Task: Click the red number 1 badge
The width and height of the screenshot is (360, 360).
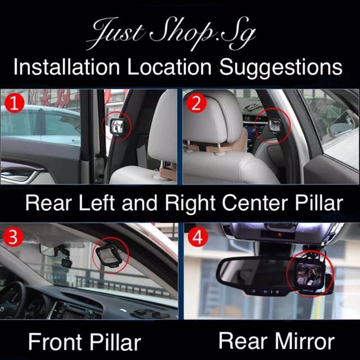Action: coord(14,103)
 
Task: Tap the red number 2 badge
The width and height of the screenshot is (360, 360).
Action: coord(196,103)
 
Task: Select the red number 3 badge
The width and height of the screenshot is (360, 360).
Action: coord(13,237)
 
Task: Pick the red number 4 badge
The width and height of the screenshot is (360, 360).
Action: coord(197,237)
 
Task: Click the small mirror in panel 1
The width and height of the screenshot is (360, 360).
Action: coord(118,127)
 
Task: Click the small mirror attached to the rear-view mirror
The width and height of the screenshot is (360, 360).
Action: coord(309,275)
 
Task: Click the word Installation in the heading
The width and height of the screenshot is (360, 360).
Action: coord(66,67)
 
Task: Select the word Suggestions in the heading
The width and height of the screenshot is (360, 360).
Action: coord(281,67)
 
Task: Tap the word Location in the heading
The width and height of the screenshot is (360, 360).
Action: coord(169,67)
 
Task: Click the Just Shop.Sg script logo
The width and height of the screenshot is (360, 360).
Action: coord(171,33)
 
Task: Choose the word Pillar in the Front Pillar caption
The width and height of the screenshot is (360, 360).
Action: coord(115,342)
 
